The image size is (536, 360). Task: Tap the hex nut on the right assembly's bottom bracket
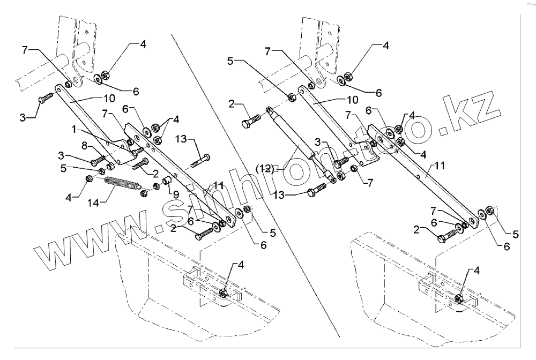click(x=459, y=298)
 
